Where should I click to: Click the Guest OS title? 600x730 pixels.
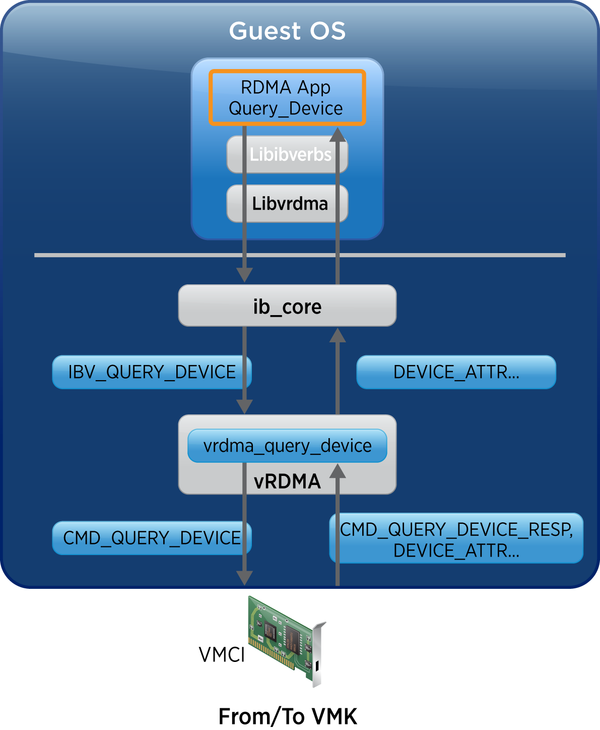(287, 31)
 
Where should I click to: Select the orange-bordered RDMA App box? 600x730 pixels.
(286, 97)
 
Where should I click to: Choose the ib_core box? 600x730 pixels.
(287, 306)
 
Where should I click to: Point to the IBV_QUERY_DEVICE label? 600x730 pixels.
(152, 372)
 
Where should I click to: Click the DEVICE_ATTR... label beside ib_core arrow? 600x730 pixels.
(456, 372)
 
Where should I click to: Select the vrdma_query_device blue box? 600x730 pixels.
(287, 446)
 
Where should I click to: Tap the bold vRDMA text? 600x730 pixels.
(287, 481)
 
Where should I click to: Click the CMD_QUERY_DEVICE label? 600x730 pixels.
(152, 538)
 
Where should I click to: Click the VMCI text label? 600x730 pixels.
(222, 655)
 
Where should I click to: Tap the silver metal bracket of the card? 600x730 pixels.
(317, 655)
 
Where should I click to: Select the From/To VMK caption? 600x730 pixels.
(288, 716)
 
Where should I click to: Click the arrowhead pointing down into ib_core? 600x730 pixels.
(244, 275)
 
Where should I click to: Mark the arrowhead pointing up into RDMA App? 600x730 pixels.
(338, 134)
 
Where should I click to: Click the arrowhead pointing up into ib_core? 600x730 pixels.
(338, 335)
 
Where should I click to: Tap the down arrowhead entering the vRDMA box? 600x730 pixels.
(244, 406)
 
